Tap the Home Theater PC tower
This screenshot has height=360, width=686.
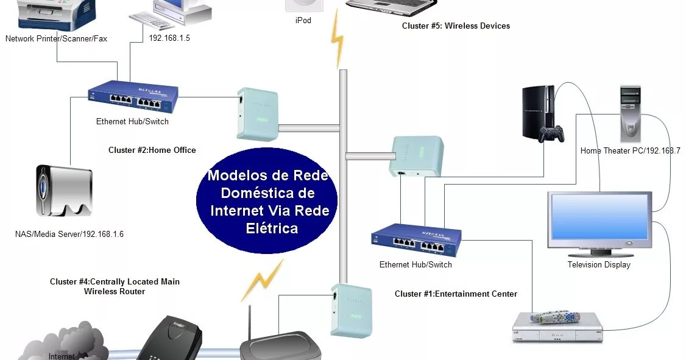click(631, 113)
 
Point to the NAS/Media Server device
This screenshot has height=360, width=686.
click(63, 190)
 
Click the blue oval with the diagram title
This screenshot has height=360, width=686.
click(267, 202)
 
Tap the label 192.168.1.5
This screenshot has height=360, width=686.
click(169, 38)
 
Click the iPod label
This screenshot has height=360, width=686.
click(303, 21)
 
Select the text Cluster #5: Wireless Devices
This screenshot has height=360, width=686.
click(456, 26)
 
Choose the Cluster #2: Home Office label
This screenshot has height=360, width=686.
click(152, 150)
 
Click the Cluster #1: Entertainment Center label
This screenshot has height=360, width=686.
click(456, 294)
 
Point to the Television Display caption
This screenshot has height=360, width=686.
click(599, 264)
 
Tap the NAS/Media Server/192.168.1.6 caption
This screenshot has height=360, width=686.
click(69, 234)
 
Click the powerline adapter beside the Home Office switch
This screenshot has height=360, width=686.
click(256, 115)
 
